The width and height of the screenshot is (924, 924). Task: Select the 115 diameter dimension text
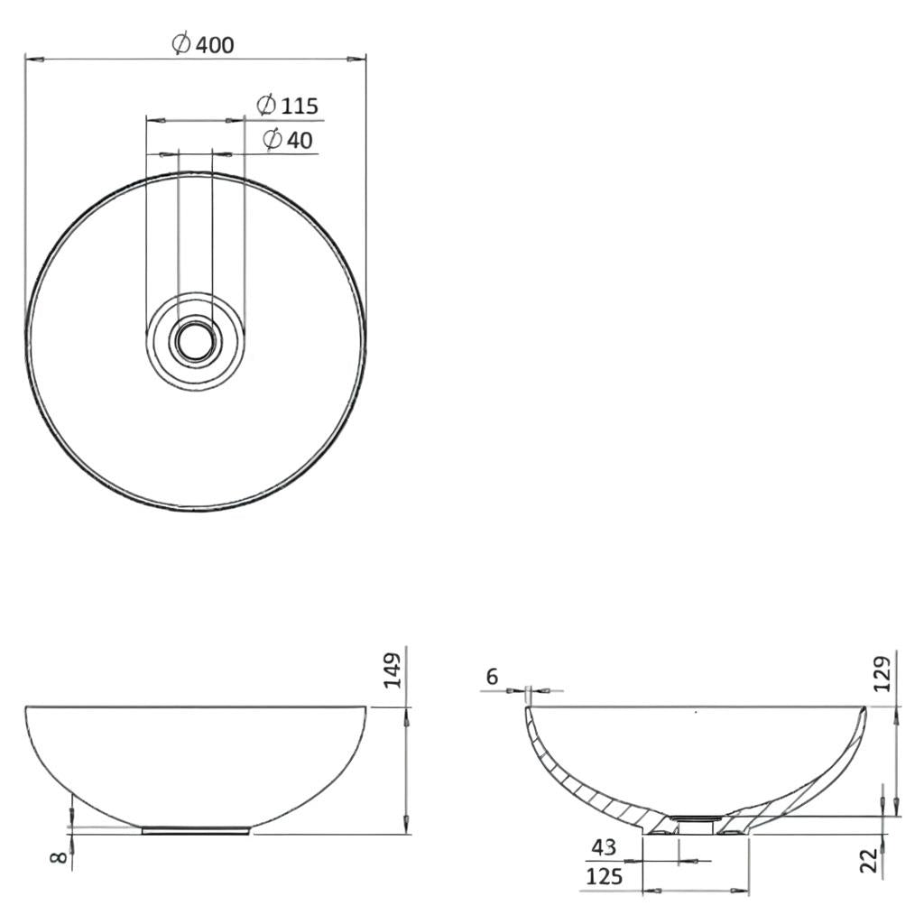click(x=300, y=106)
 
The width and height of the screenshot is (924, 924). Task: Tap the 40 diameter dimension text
click(x=300, y=140)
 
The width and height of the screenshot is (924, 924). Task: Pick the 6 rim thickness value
click(x=491, y=677)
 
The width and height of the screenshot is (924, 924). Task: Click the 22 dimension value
click(x=869, y=859)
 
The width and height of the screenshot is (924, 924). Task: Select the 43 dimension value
click(x=603, y=848)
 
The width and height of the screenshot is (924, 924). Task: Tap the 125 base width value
click(x=604, y=876)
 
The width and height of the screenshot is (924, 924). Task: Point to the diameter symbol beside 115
click(x=265, y=106)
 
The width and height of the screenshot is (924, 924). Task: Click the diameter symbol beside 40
click(x=272, y=140)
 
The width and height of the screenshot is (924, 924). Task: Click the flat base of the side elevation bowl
click(x=196, y=830)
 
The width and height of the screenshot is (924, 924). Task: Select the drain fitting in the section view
click(x=695, y=822)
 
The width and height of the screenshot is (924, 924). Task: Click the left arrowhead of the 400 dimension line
click(x=31, y=60)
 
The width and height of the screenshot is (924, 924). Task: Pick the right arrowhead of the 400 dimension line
click(x=360, y=60)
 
